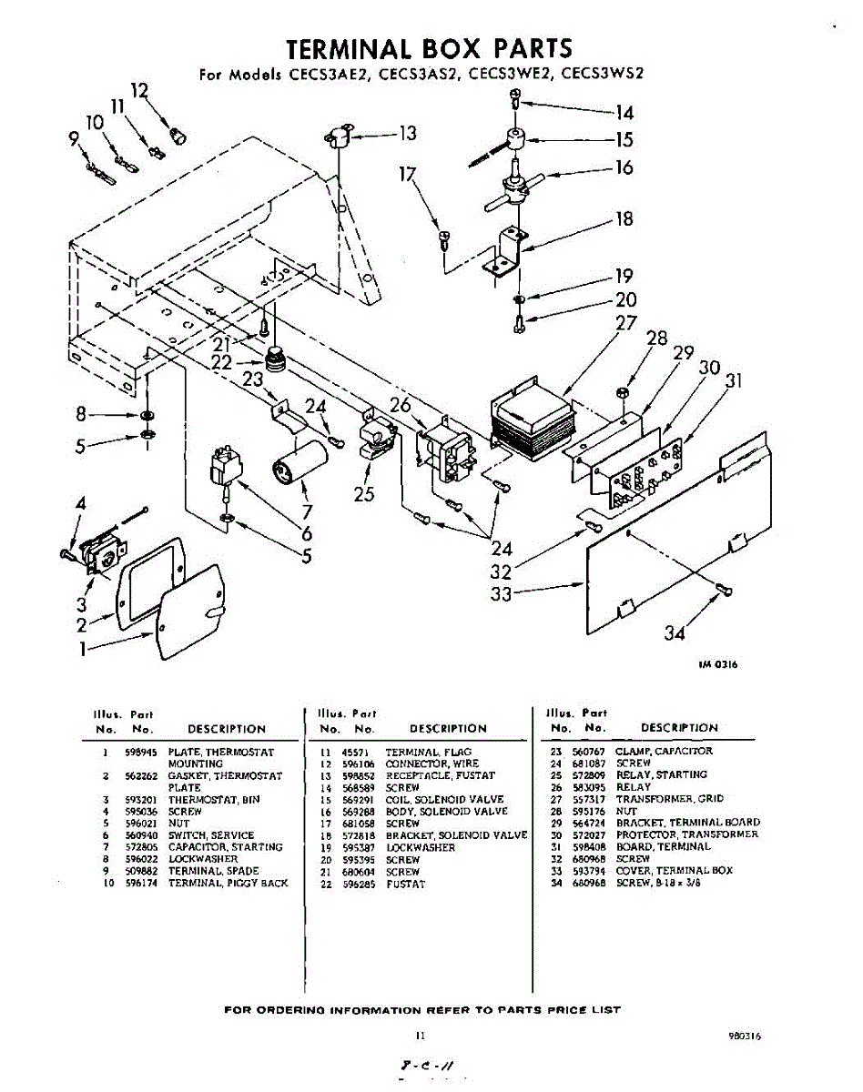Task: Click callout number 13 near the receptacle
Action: tap(407, 134)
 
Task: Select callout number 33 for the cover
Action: tap(500, 594)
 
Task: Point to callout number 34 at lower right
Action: tap(675, 632)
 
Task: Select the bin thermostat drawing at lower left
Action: tap(95, 553)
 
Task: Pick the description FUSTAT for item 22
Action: tap(405, 884)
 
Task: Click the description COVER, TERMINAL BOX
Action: tap(675, 871)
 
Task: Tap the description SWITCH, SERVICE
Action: tap(211, 835)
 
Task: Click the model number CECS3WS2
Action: tap(603, 76)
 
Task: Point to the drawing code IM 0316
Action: tap(718, 665)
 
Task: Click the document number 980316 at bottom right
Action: tap(745, 1036)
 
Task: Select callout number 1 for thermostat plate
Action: tap(83, 649)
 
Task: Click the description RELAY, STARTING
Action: tap(662, 775)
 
